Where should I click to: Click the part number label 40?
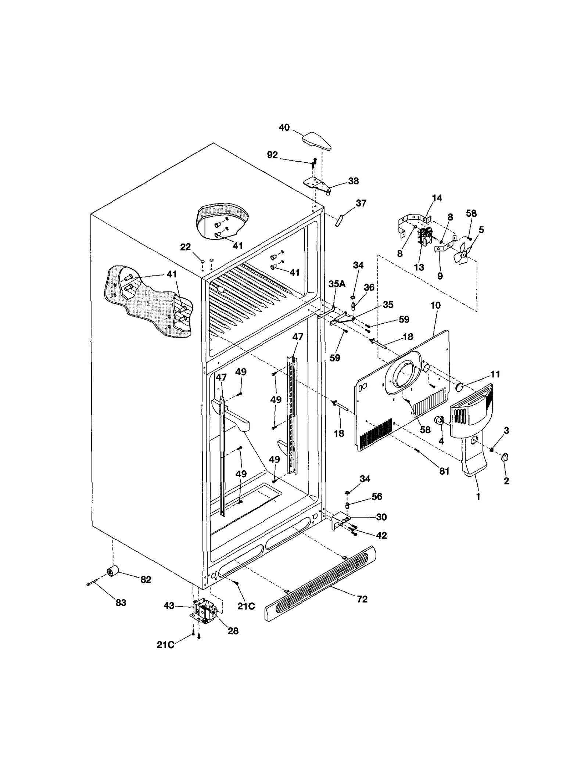tap(284, 128)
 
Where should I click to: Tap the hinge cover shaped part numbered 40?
tap(317, 141)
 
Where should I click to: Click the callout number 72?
tap(362, 599)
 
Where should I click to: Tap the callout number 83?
tap(121, 602)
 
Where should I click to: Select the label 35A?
tap(337, 284)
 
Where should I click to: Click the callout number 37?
tap(361, 203)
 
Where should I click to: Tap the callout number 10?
tap(435, 305)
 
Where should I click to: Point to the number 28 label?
tap(233, 631)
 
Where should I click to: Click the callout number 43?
tap(169, 605)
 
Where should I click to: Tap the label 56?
tap(377, 497)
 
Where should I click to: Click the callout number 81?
tap(444, 471)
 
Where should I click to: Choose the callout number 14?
tap(437, 198)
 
